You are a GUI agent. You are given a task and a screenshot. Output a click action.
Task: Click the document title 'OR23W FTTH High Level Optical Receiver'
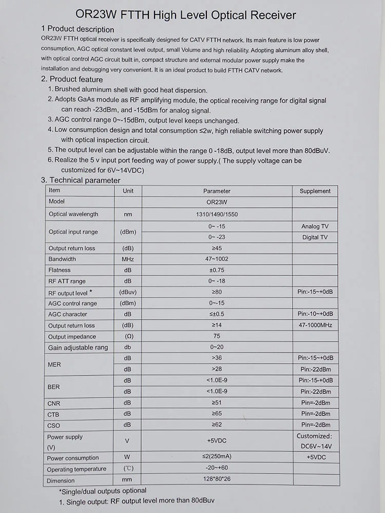pyautogui.click(x=186, y=15)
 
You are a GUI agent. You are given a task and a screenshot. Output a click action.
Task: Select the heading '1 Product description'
pyautogui.click(x=78, y=29)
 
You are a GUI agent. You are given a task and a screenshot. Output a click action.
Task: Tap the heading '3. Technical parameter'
pyautogui.click(x=81, y=180)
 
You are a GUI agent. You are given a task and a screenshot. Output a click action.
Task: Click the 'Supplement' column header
pyautogui.click(x=315, y=191)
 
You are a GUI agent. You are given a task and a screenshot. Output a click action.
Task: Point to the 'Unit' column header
pyautogui.click(x=128, y=191)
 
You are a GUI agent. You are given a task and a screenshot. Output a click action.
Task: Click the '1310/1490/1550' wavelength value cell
pyautogui.click(x=216, y=214)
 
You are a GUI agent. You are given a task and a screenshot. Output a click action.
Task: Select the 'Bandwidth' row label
pyautogui.click(x=62, y=259)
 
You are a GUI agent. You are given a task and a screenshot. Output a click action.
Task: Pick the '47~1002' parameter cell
pyautogui.click(x=217, y=259)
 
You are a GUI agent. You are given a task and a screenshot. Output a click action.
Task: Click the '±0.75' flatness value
pyautogui.click(x=217, y=270)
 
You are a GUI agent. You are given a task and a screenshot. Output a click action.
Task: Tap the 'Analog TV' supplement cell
pyautogui.click(x=315, y=226)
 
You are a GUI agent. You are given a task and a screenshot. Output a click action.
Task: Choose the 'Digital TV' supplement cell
pyautogui.click(x=315, y=238)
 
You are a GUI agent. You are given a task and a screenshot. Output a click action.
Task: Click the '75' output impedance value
pyautogui.click(x=217, y=336)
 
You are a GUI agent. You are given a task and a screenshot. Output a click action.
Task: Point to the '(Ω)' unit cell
pyautogui.click(x=128, y=336)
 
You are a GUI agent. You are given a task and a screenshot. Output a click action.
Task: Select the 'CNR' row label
pyautogui.click(x=54, y=404)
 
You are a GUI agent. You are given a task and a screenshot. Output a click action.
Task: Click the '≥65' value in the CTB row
pyautogui.click(x=217, y=413)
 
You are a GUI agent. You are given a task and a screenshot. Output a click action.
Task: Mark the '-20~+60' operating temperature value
pyautogui.click(x=217, y=468)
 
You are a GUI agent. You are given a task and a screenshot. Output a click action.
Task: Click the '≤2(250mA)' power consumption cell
pyautogui.click(x=217, y=457)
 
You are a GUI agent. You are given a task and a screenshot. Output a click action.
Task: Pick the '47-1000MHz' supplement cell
pyautogui.click(x=315, y=325)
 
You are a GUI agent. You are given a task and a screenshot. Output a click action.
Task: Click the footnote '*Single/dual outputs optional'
pyautogui.click(x=102, y=491)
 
